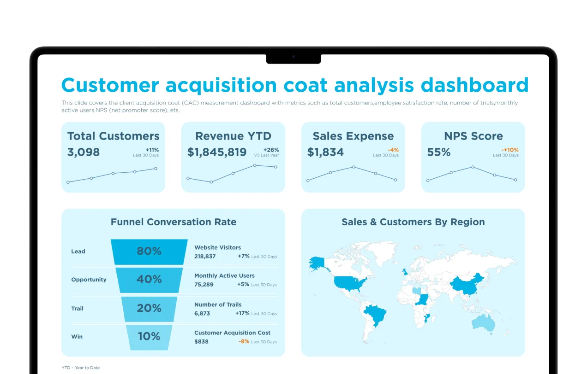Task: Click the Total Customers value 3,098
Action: [84, 152]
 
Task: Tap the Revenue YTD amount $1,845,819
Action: [217, 152]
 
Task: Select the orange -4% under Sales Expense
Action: [393, 150]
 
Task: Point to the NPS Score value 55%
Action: [439, 152]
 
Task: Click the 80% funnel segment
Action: [149, 251]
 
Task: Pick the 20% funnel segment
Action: [149, 309]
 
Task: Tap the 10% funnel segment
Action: [149, 337]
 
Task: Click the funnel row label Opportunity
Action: [89, 280]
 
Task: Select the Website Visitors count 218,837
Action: [205, 256]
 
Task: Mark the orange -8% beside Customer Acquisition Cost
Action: [244, 341]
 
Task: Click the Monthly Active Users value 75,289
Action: [204, 285]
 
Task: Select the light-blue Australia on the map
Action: [484, 323]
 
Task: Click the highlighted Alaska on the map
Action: [317, 263]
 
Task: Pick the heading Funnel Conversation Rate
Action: [174, 222]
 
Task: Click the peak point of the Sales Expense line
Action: [354, 167]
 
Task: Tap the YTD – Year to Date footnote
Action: [81, 368]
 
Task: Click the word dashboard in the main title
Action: [474, 85]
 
